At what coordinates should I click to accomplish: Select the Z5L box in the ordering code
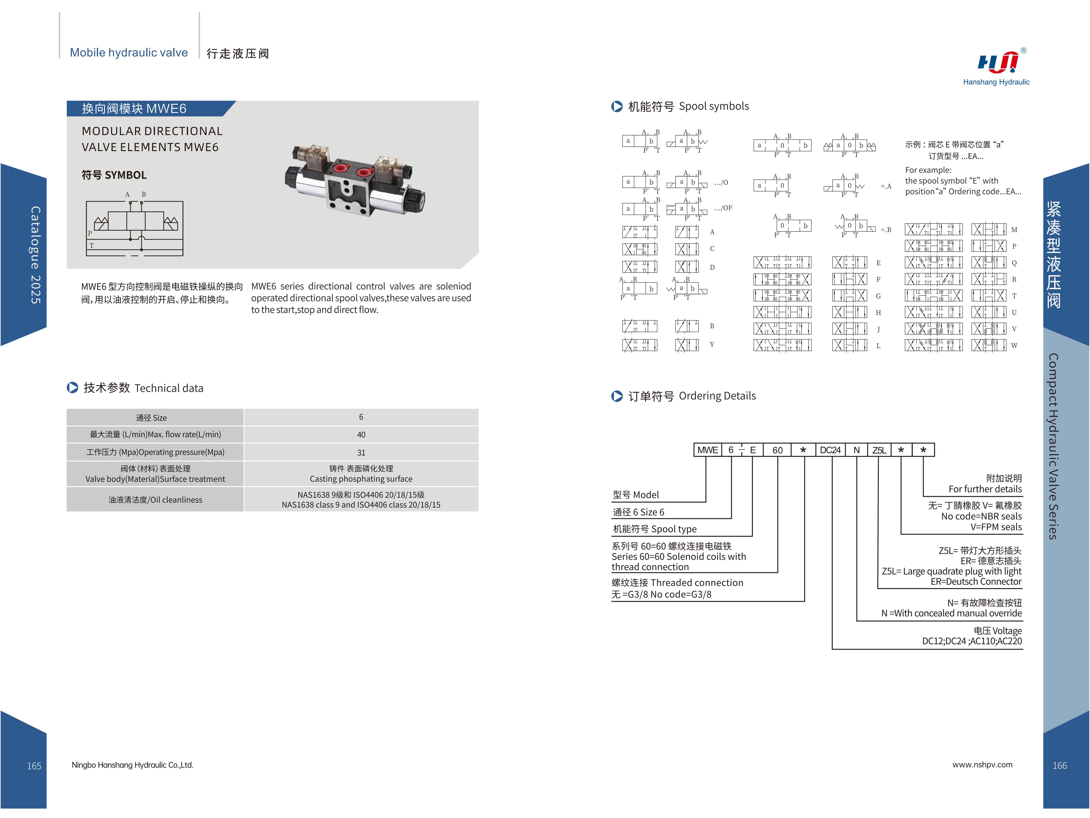tap(879, 450)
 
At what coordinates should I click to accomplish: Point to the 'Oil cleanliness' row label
tap(155, 500)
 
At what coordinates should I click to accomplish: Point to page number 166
tap(1059, 765)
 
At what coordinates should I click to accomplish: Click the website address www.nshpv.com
tap(982, 764)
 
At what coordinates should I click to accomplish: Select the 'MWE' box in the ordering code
tap(708, 450)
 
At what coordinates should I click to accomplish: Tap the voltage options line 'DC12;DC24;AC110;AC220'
tap(972, 641)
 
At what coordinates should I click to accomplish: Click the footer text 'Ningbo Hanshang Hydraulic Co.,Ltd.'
tap(133, 765)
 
